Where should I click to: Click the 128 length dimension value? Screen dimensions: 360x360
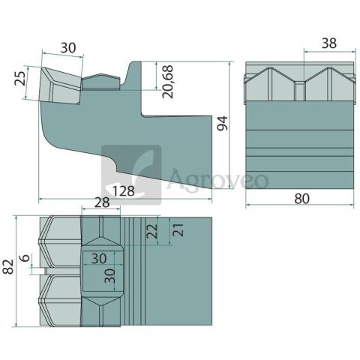pos(124,191)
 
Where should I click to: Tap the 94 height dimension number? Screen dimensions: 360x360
pos(223,123)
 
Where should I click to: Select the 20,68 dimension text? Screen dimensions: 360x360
pos(167,82)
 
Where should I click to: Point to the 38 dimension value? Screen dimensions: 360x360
pos(329,43)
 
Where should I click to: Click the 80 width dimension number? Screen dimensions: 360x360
pos(301,199)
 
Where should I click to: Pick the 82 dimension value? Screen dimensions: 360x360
pos(8,267)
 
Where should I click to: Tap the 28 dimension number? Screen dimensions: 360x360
pos(102,202)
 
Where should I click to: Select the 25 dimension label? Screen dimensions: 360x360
pos(20,79)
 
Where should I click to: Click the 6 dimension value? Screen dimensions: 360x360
pos(25,258)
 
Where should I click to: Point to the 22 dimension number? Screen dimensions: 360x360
pos(152,231)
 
